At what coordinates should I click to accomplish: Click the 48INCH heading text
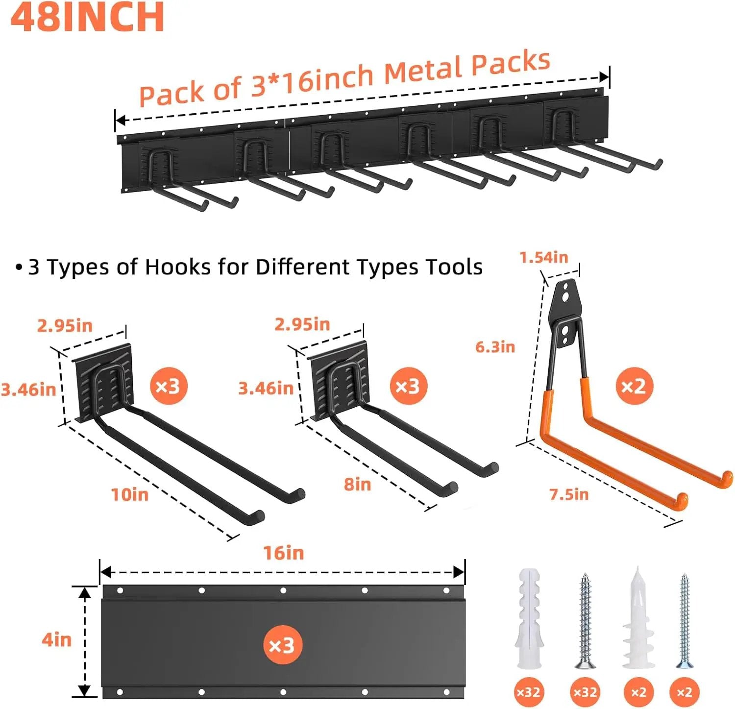(87, 17)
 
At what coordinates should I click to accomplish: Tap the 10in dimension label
(129, 494)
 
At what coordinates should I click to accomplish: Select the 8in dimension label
(357, 484)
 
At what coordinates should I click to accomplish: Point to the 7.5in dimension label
(569, 494)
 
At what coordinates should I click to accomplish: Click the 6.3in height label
(495, 347)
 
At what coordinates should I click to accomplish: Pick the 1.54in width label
(543, 257)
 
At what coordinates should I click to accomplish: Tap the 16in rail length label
(284, 553)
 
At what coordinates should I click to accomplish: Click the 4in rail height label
(56, 639)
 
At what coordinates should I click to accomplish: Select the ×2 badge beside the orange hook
(634, 386)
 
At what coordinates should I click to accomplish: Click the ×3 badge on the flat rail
(282, 645)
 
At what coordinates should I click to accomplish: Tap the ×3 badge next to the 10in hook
(168, 386)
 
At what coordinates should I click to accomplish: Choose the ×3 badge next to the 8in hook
(408, 386)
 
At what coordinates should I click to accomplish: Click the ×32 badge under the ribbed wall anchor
(528, 692)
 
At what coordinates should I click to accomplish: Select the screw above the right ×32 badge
(585, 620)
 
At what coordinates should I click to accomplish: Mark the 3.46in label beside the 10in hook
(28, 390)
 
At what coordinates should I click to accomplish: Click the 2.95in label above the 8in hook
(302, 324)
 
